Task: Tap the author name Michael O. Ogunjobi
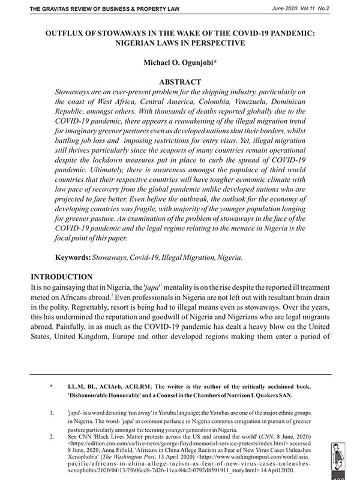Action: (x=181, y=62)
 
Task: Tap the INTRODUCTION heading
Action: (x=63, y=277)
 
